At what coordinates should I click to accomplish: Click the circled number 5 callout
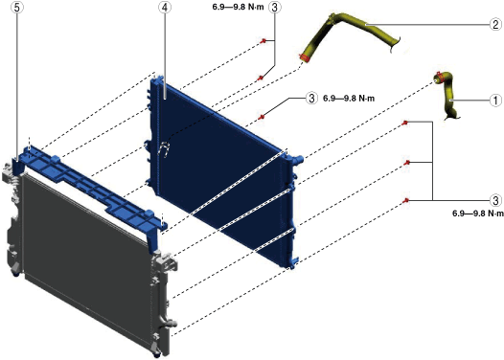tap(17, 8)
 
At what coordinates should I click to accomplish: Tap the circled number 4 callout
tap(165, 8)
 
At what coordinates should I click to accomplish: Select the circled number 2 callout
tap(496, 24)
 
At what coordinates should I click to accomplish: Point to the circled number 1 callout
tap(495, 101)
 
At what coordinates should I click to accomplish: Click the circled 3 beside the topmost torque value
tap(274, 7)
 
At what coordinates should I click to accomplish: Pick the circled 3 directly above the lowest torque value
tap(495, 200)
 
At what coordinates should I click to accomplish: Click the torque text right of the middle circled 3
tap(349, 99)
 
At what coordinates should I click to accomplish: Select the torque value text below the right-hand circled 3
tap(478, 214)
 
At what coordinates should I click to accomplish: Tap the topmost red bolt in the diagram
tap(263, 41)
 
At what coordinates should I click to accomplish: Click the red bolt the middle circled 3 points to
tap(262, 117)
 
